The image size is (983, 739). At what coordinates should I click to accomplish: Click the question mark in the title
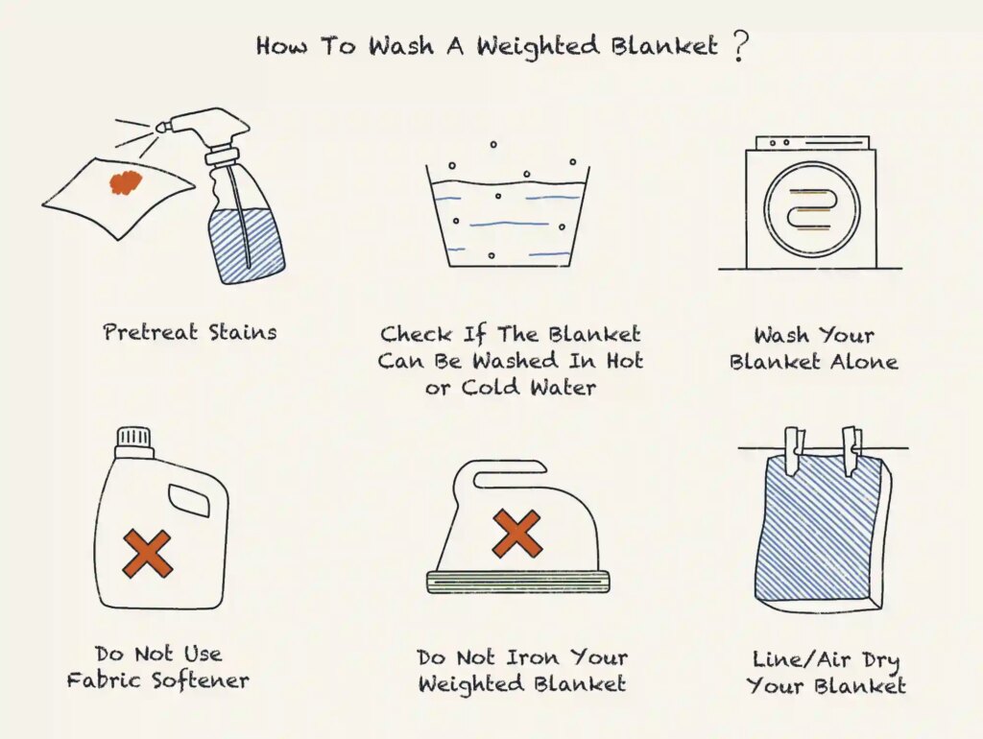(737, 45)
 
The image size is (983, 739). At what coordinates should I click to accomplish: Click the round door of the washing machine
(813, 208)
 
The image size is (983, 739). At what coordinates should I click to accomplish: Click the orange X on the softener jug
(147, 553)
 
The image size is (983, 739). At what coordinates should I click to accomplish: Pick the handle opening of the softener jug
(188, 500)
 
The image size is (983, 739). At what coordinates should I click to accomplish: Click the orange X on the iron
(516, 533)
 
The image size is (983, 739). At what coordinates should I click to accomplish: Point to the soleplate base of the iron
(517, 582)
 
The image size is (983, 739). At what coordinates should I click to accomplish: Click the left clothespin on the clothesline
(794, 449)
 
